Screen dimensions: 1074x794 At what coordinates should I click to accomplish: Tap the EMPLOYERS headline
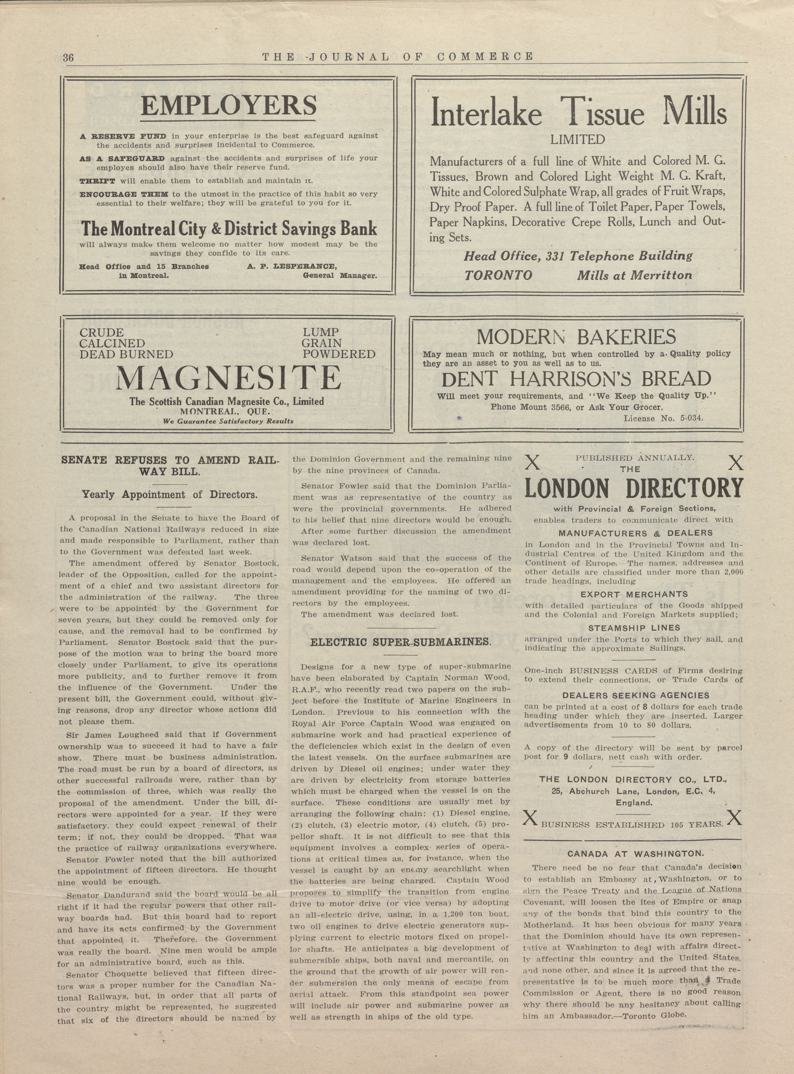pos(229,106)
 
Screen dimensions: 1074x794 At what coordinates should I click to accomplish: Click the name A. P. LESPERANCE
pos(292,266)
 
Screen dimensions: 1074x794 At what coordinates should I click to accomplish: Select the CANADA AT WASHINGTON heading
pos(635,854)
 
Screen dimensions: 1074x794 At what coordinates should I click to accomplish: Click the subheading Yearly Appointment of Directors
pos(169,494)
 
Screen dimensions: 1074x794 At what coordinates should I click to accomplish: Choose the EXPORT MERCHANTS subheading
pos(634,594)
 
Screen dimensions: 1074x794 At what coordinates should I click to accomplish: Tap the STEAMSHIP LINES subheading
pos(634,628)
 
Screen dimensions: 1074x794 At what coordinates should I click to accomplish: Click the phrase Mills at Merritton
pos(634,275)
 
